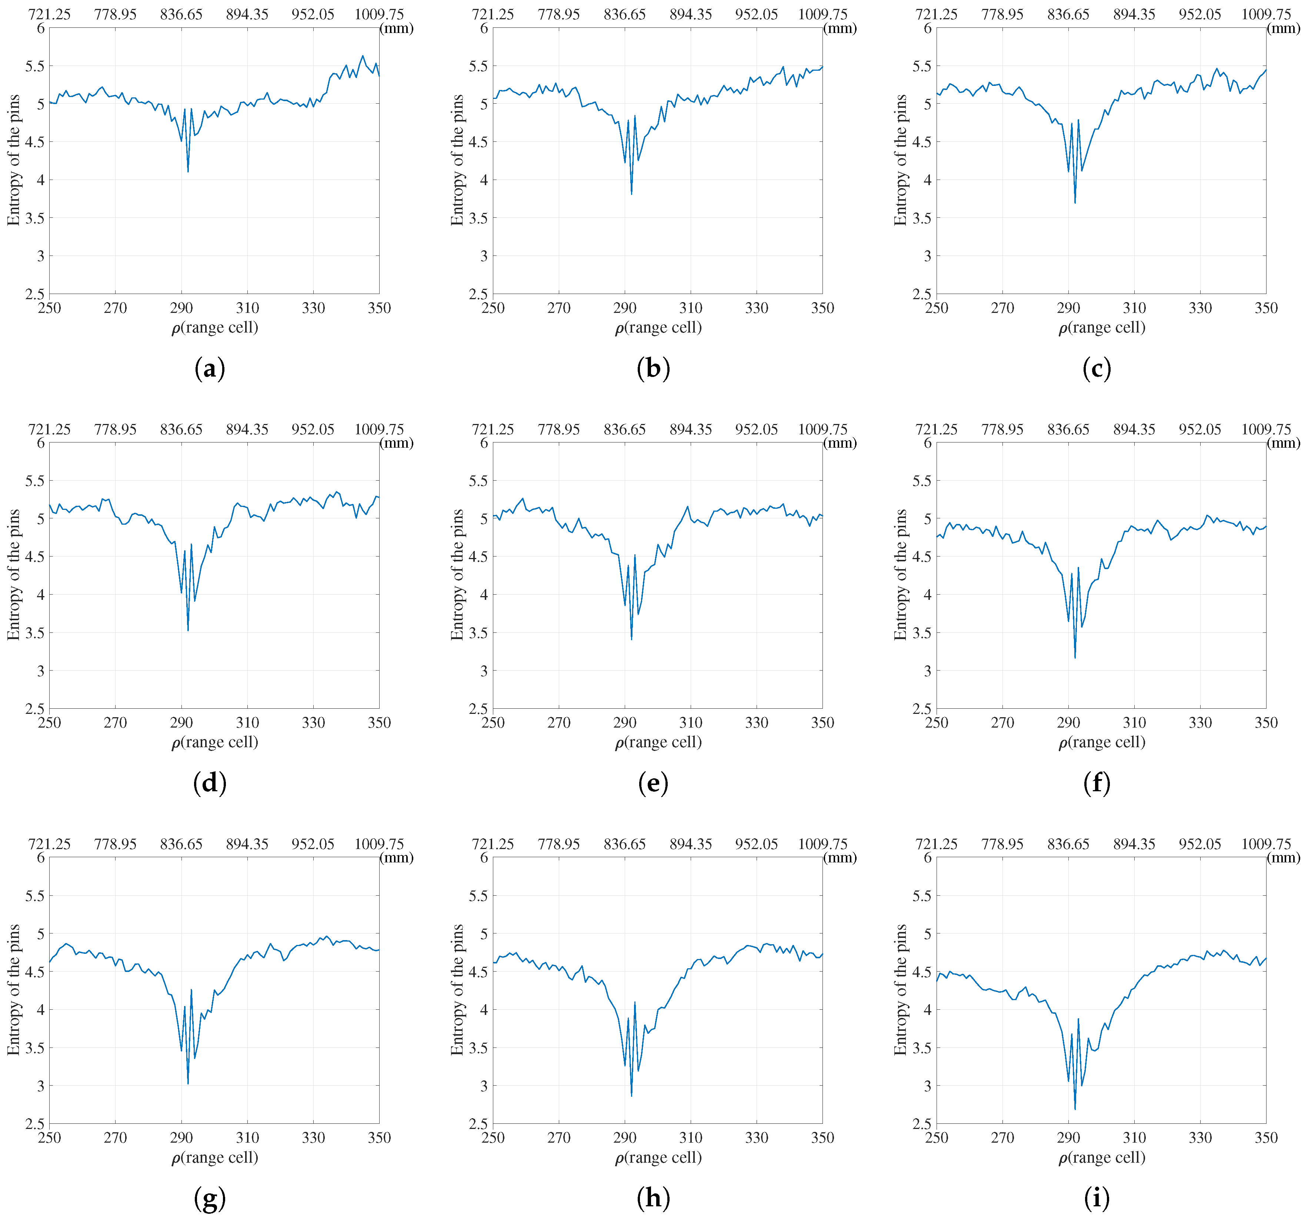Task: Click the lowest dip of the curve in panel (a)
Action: pyautogui.click(x=188, y=172)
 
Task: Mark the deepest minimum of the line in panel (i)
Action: pyautogui.click(x=1075, y=1110)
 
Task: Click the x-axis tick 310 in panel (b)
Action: pyautogui.click(x=691, y=308)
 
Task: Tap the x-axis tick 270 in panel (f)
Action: pyautogui.click(x=1003, y=722)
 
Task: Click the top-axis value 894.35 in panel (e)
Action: pyautogui.click(x=691, y=429)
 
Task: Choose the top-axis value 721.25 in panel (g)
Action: pyautogui.click(x=49, y=844)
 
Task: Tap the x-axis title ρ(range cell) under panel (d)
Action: pyautogui.click(x=214, y=742)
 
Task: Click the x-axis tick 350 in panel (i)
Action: pyautogui.click(x=1266, y=1137)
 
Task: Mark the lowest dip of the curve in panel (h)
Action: pyautogui.click(x=632, y=1095)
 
